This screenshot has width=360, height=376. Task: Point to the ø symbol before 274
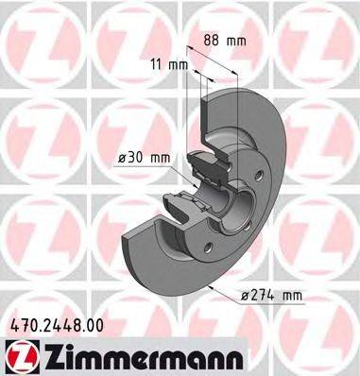click(245, 296)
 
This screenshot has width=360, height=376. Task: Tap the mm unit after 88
click(238, 40)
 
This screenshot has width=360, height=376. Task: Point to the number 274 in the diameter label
click(264, 296)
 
